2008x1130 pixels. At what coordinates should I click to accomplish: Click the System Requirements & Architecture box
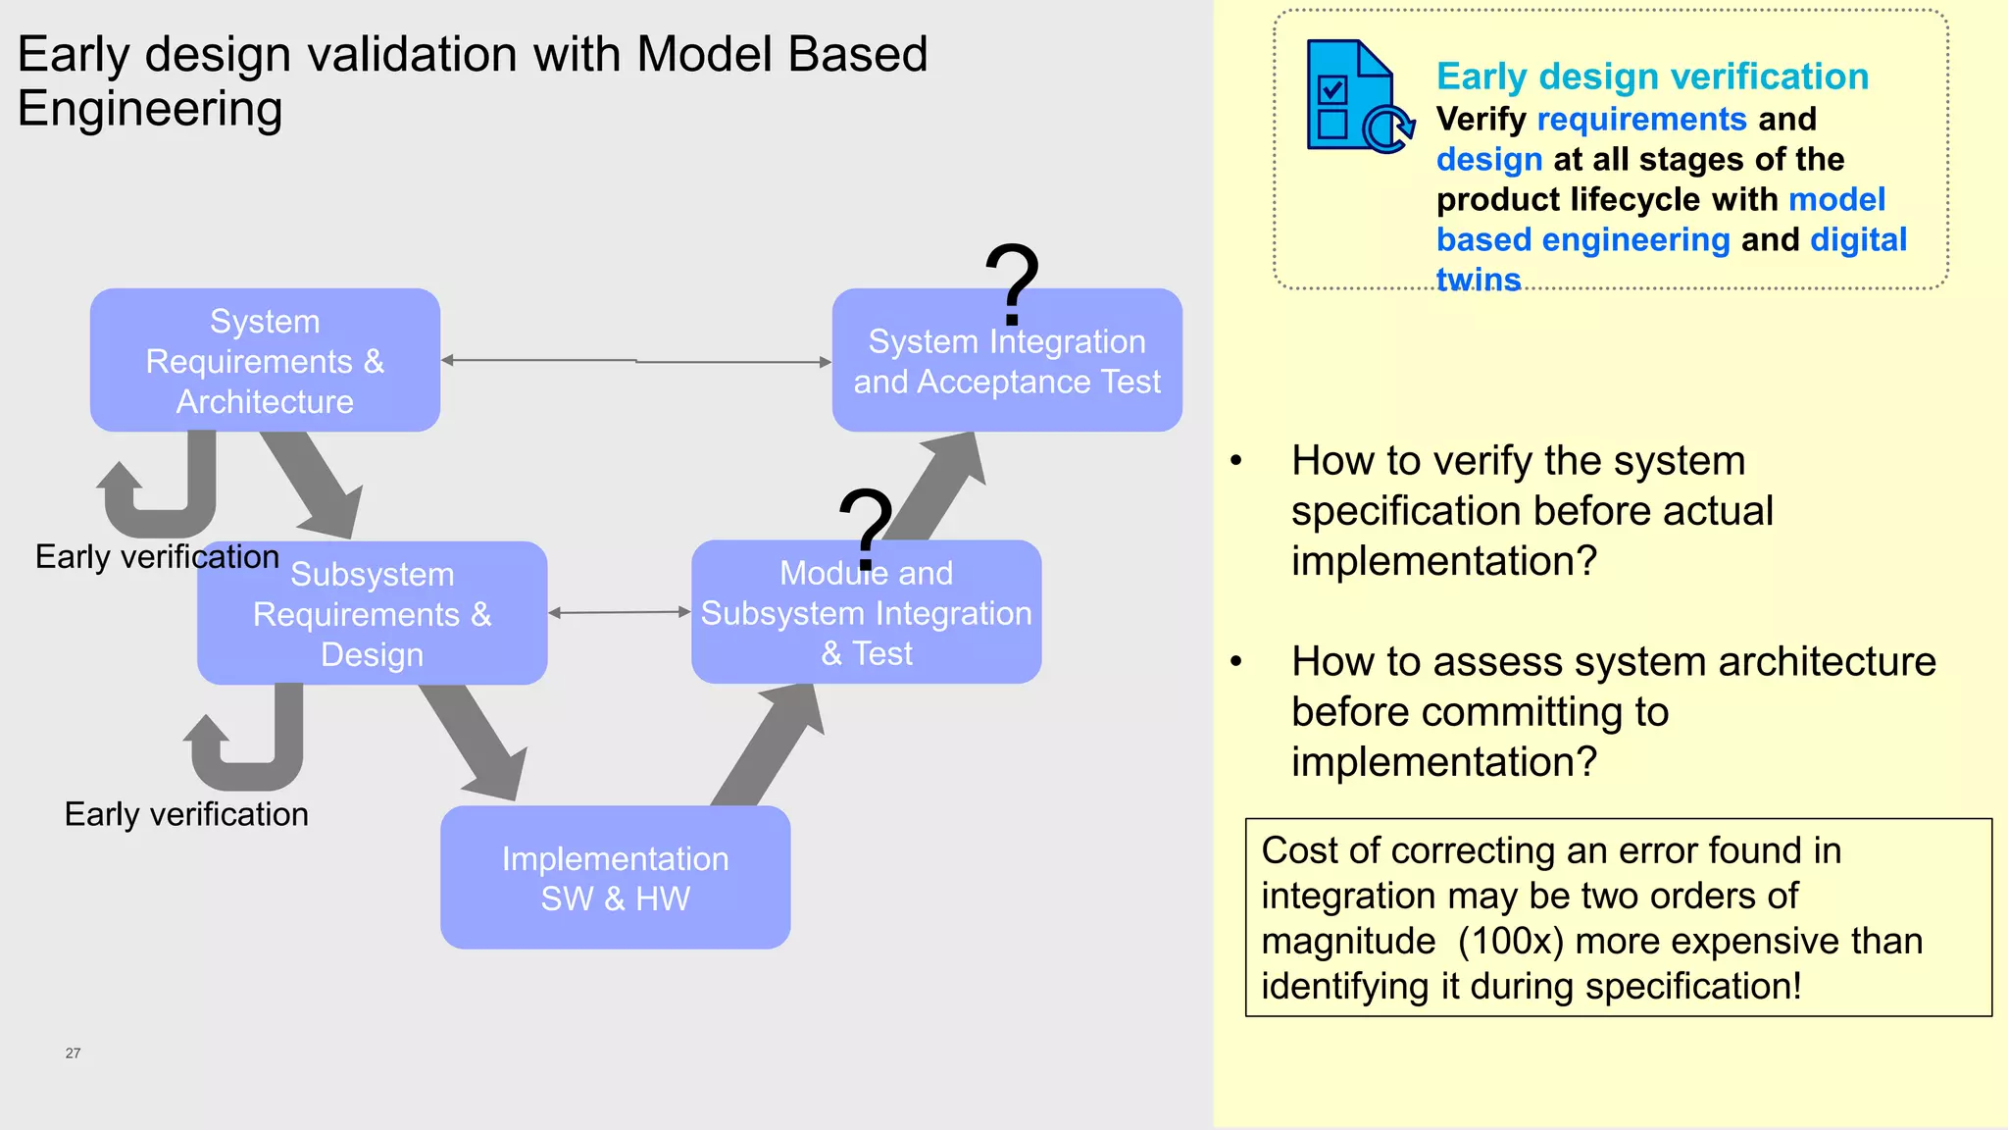(265, 360)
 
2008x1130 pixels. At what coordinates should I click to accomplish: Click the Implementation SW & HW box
(615, 877)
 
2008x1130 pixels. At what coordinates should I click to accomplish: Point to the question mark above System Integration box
(1012, 284)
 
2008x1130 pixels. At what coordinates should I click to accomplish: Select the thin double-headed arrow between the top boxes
(635, 361)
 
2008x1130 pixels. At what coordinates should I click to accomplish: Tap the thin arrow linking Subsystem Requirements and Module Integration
(619, 612)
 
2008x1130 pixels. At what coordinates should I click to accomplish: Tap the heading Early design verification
(1652, 77)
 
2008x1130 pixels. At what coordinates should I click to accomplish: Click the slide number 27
(73, 1053)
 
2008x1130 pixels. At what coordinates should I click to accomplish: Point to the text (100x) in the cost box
(1510, 941)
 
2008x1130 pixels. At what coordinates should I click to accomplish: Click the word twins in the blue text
(1478, 280)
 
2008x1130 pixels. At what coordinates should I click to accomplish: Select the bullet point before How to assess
(1236, 662)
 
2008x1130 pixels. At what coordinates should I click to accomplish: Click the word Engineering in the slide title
(150, 109)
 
